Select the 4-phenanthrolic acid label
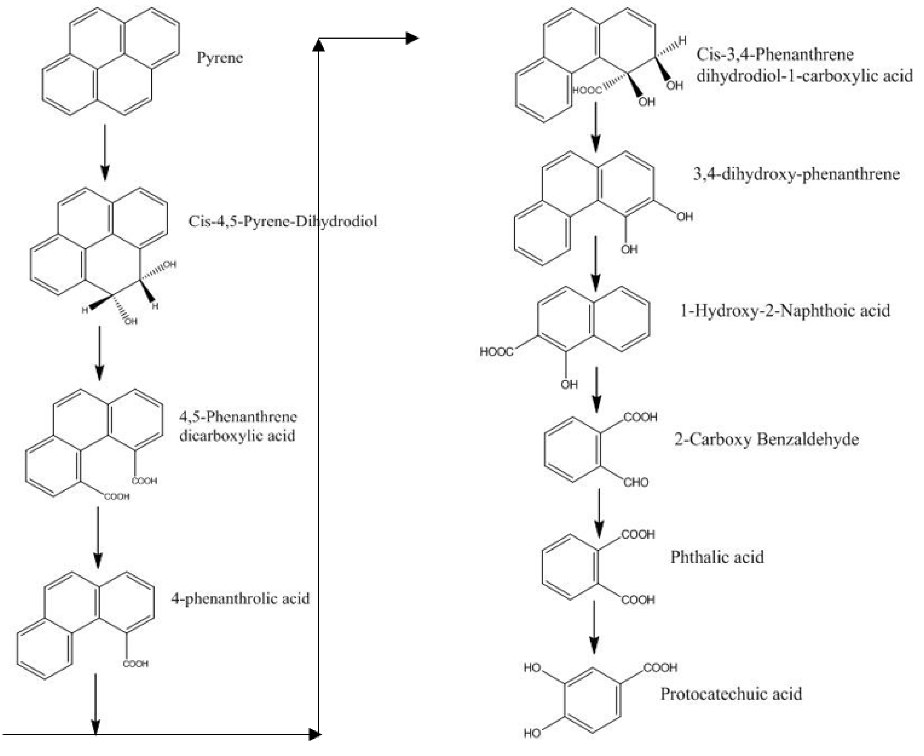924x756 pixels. (240, 598)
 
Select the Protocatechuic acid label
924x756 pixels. (731, 694)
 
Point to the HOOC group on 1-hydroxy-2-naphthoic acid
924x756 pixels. (496, 351)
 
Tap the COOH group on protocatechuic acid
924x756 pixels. (660, 668)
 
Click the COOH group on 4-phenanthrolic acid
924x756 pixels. (135, 664)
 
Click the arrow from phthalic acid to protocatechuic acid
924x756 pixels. (594, 627)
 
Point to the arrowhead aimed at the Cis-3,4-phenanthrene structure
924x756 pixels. (411, 38)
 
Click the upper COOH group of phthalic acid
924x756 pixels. (638, 534)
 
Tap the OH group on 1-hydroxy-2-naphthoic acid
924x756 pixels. (569, 385)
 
